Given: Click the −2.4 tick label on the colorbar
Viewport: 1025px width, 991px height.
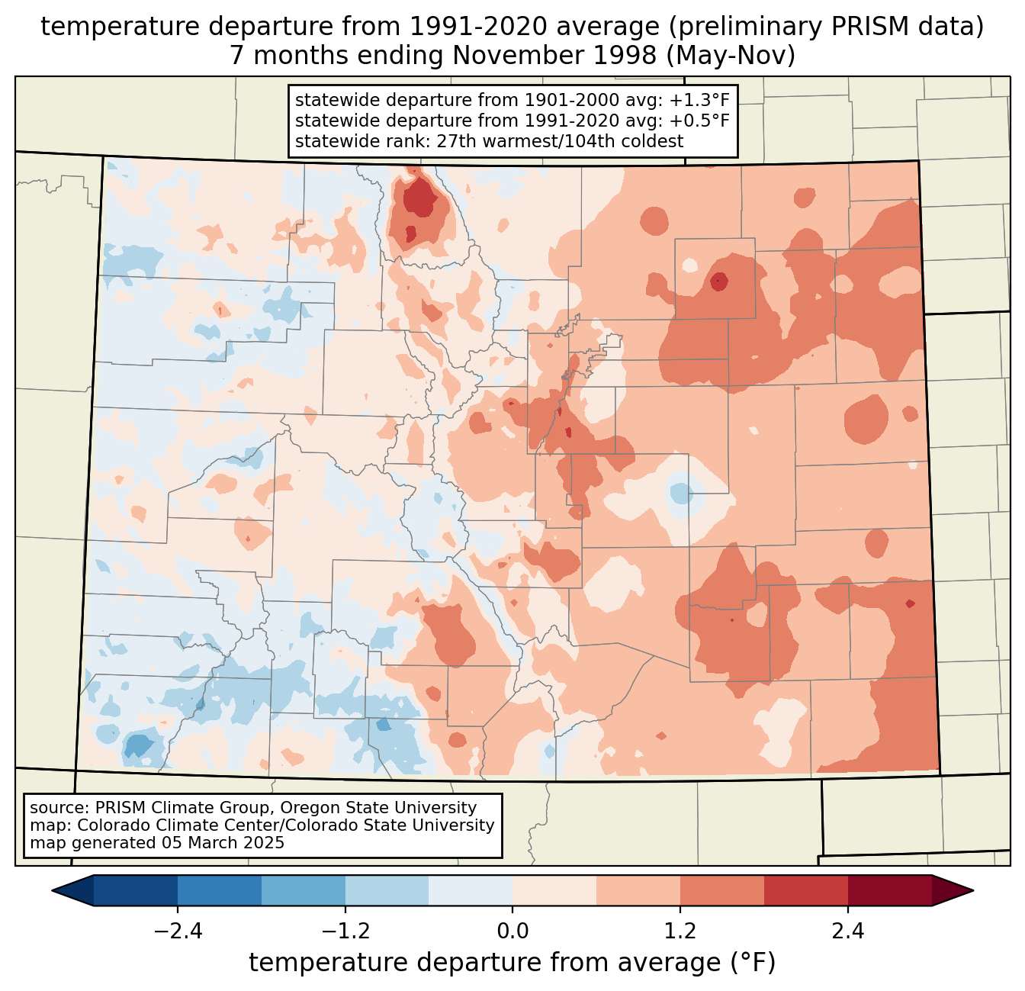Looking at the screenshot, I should (x=177, y=931).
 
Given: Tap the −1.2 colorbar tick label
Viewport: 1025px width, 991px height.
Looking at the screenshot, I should (x=345, y=931).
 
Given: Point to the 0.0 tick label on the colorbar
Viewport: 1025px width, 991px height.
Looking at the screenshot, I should (x=512, y=931).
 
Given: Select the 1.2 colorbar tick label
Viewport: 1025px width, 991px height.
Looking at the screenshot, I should (x=680, y=931).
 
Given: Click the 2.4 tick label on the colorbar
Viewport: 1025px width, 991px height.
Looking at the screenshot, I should (x=848, y=931).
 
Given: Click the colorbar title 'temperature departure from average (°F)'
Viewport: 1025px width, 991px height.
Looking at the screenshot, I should (x=512, y=963).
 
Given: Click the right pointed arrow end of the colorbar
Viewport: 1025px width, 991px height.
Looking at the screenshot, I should (x=953, y=890).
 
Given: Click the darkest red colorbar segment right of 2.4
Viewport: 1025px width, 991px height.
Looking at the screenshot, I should (x=889, y=890).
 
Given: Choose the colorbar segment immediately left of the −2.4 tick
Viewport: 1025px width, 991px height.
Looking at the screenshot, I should (x=136, y=890).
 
